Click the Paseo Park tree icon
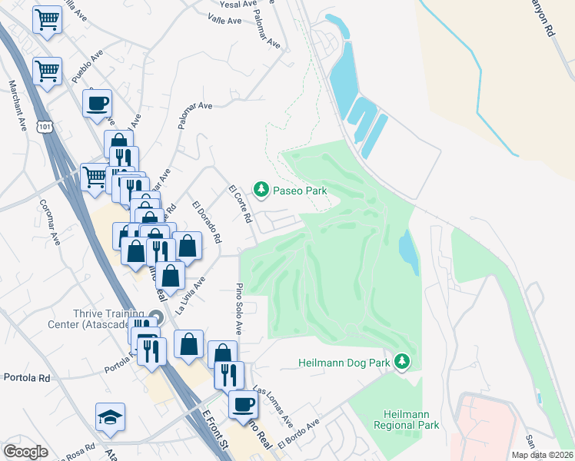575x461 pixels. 261,189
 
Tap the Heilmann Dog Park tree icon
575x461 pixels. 401,360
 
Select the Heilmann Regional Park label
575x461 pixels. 407,419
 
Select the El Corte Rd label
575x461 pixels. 241,204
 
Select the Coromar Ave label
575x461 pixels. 48,223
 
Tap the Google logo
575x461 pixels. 25,451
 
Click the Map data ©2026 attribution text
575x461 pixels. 541,455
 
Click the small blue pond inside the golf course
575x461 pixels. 407,251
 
